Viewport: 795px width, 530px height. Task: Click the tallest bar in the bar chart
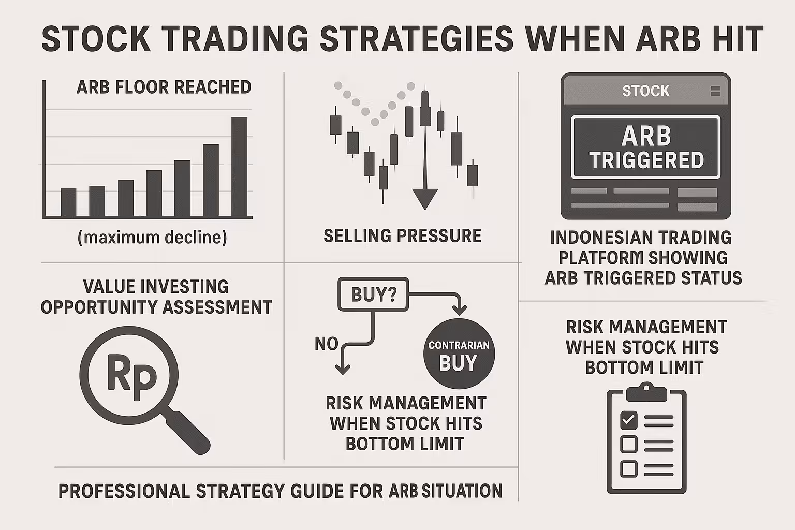(x=239, y=167)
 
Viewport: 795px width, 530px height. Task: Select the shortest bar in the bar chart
(x=68, y=202)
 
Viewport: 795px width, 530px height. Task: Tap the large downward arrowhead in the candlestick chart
(x=425, y=199)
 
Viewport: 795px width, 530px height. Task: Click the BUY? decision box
(x=373, y=295)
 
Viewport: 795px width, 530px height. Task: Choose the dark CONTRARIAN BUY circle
(x=459, y=354)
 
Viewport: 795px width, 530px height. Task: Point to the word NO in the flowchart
(x=327, y=344)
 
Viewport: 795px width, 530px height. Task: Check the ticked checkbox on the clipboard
(x=628, y=421)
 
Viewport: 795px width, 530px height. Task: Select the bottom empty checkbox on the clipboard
(x=628, y=469)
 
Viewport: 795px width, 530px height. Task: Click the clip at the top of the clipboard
(x=646, y=392)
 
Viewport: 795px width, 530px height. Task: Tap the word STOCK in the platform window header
(x=646, y=91)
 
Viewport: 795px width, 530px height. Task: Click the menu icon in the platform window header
(x=715, y=91)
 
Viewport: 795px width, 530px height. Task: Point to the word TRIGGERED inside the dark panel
(x=646, y=160)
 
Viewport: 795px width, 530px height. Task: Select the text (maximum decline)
(x=152, y=238)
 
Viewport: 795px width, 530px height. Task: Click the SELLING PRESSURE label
(x=403, y=235)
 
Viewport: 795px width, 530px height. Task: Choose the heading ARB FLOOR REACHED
(x=164, y=87)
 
